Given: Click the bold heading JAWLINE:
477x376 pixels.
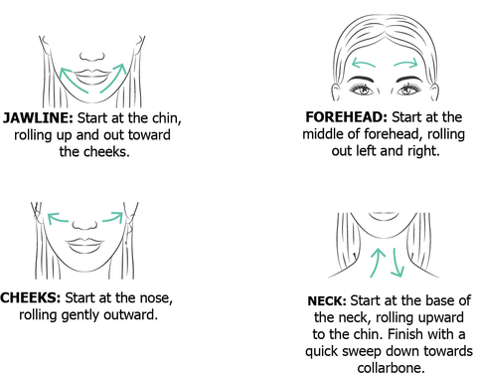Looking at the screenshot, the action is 38,118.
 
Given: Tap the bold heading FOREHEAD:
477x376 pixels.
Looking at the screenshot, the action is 346,117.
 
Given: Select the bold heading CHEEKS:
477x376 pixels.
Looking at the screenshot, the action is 31,297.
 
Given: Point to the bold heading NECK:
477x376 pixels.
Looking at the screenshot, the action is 327,300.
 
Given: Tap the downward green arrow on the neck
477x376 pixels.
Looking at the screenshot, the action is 397,262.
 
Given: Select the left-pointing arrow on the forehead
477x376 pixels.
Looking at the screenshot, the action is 363,63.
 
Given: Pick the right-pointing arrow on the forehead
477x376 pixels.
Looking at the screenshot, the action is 405,63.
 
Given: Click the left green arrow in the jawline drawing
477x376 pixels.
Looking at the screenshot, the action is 73,79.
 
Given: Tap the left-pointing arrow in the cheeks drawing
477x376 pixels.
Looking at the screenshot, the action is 58,218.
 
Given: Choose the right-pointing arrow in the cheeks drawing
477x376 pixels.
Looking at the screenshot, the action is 112,218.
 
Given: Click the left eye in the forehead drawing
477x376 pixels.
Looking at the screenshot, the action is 362,89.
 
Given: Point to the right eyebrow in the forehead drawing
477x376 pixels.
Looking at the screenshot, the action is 410,80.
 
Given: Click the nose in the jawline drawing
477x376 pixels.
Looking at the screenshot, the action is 92,57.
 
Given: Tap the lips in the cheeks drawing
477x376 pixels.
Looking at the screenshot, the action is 84,246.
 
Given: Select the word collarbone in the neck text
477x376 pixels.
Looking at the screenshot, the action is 391,368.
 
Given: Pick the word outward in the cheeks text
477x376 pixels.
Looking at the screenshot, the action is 130,314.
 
